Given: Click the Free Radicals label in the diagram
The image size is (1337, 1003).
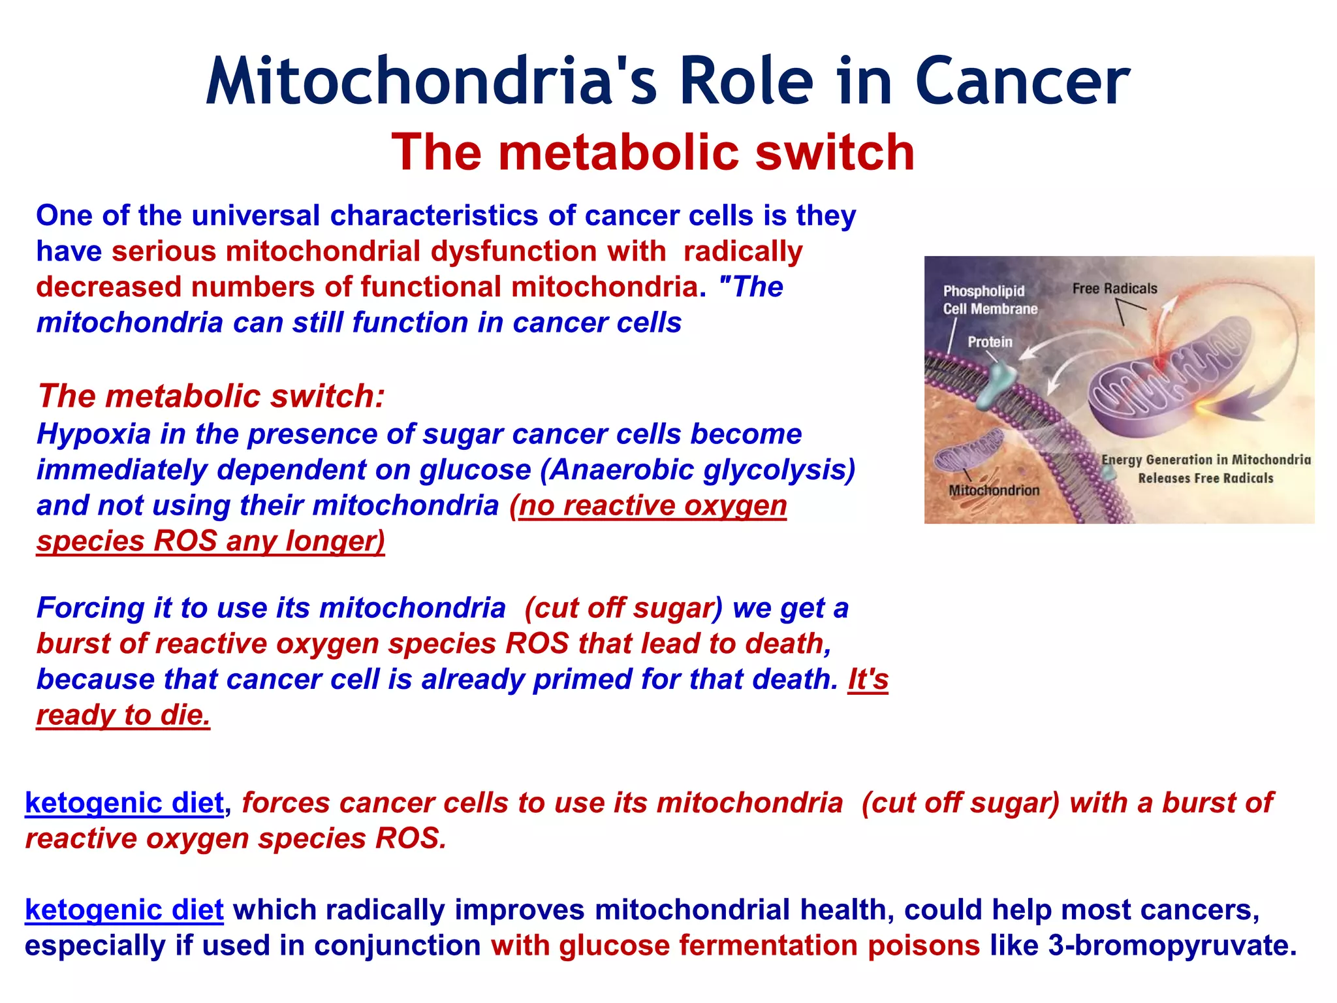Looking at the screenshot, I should [1114, 289].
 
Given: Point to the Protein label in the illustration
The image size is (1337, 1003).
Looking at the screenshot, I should [990, 342].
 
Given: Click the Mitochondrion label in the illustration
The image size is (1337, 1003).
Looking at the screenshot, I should [994, 490].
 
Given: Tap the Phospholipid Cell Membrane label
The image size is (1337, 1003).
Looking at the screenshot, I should [989, 300].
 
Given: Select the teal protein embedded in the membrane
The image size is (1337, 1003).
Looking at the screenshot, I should [1000, 385].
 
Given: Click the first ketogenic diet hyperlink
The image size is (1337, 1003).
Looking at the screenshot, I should [124, 803].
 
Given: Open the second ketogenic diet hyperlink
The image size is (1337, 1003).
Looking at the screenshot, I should [124, 910].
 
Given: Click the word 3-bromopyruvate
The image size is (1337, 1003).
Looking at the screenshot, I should [1172, 946].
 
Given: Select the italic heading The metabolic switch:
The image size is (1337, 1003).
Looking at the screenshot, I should [211, 396].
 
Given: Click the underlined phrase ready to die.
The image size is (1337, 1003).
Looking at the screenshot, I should [123, 715].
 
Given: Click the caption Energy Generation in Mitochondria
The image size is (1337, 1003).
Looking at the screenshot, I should [1206, 460].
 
